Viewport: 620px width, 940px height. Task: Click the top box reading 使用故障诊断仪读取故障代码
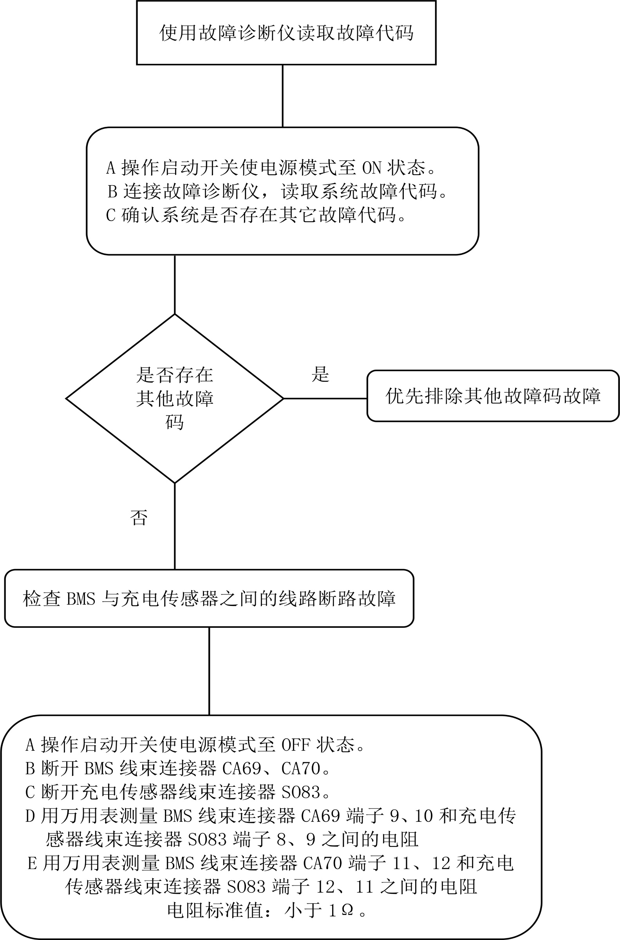(286, 33)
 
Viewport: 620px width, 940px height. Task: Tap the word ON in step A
(372, 168)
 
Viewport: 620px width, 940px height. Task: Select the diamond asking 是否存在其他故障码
(174, 398)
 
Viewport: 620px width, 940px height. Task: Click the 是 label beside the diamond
(320, 374)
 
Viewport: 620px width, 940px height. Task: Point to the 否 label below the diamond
(139, 517)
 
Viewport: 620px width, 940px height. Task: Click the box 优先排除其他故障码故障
(493, 396)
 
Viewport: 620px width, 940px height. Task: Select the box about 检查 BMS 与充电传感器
(209, 598)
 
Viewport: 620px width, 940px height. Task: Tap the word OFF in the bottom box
(296, 745)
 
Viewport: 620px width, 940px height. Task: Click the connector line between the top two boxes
(282, 96)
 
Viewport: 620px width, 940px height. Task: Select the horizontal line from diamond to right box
(325, 398)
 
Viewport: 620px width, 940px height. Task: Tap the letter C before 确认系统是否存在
(111, 215)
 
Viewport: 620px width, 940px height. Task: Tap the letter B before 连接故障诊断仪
(113, 192)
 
